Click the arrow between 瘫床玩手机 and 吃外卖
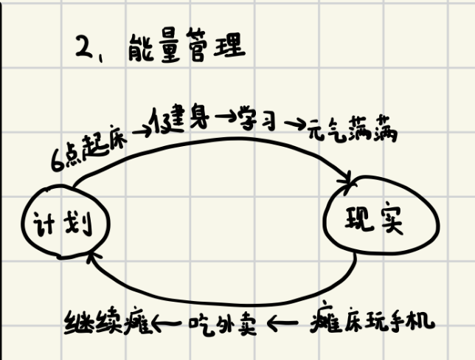point(283,323)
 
